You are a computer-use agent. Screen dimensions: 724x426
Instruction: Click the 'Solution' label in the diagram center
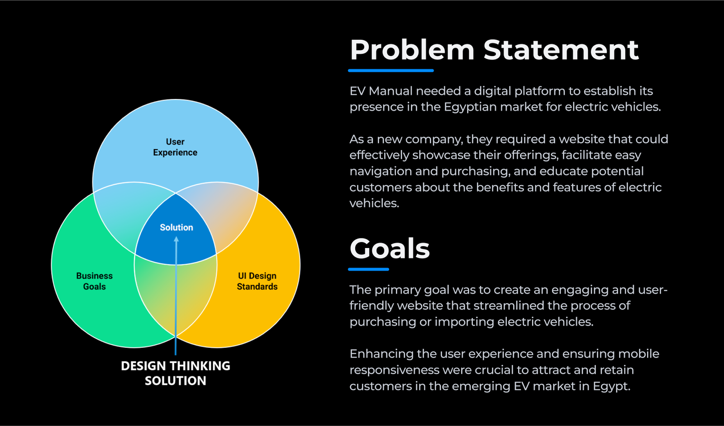(x=176, y=227)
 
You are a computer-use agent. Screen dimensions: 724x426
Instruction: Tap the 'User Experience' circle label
(x=175, y=147)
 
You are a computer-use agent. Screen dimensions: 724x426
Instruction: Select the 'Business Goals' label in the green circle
(x=95, y=281)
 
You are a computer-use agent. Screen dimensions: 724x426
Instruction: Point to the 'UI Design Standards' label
(x=257, y=281)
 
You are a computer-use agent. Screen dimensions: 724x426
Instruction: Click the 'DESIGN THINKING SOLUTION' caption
(x=176, y=373)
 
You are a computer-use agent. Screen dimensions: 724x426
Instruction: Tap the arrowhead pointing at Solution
(x=176, y=239)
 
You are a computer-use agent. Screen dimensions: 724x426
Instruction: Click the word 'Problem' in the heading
(x=412, y=50)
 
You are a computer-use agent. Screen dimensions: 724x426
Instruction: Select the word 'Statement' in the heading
(x=561, y=50)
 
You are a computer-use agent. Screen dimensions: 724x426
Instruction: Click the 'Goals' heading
(x=390, y=248)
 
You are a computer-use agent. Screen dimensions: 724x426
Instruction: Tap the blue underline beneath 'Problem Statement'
(x=391, y=70)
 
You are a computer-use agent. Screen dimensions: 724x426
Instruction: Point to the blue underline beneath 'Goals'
(x=368, y=269)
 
